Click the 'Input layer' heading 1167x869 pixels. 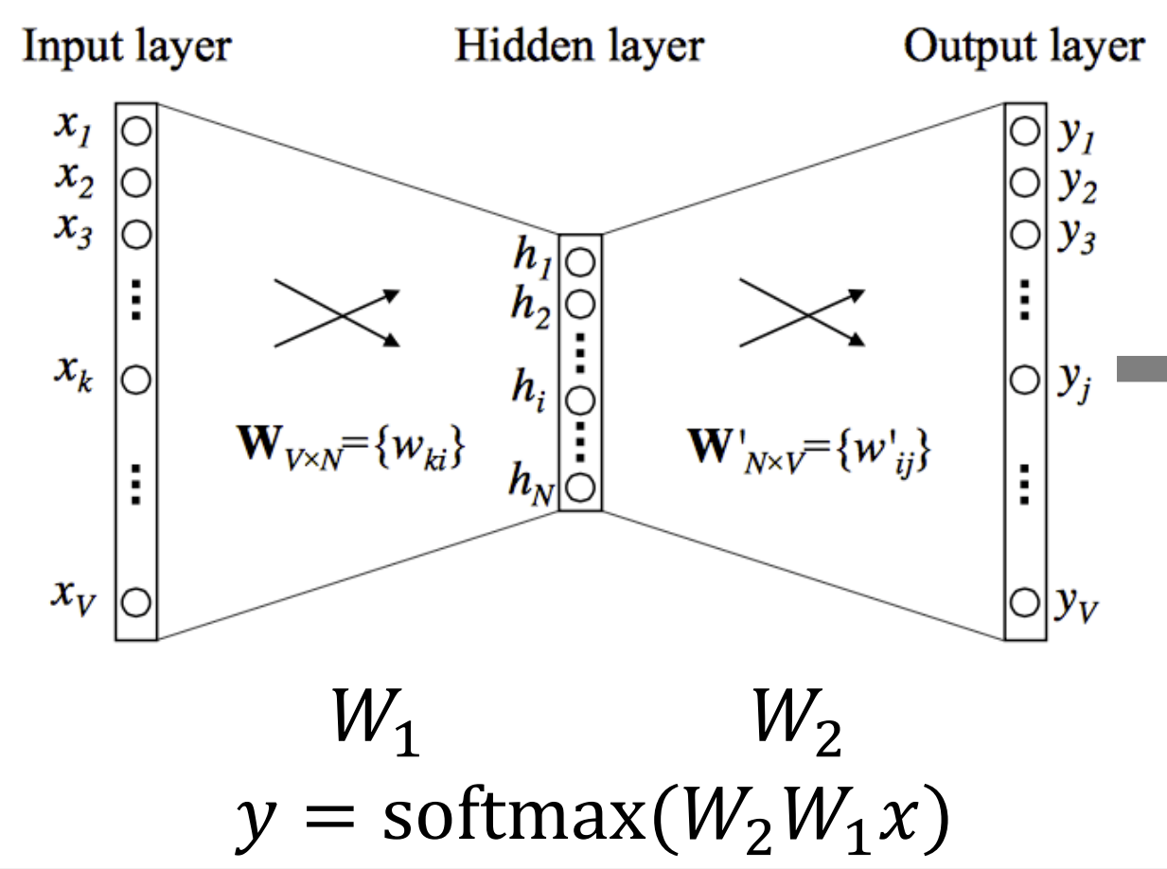click(x=127, y=46)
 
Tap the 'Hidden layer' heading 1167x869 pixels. click(x=579, y=46)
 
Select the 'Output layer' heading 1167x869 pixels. click(x=1024, y=46)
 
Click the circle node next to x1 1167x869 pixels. click(x=136, y=133)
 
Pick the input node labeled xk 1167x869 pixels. click(x=136, y=381)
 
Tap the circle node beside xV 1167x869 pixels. click(x=136, y=600)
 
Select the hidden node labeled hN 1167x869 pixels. click(x=581, y=488)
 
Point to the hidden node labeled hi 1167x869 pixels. click(x=581, y=399)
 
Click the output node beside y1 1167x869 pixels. click(x=1023, y=133)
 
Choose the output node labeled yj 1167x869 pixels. click(x=1023, y=381)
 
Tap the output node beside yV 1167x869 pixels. click(x=1023, y=600)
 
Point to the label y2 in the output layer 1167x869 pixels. click(x=1077, y=186)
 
